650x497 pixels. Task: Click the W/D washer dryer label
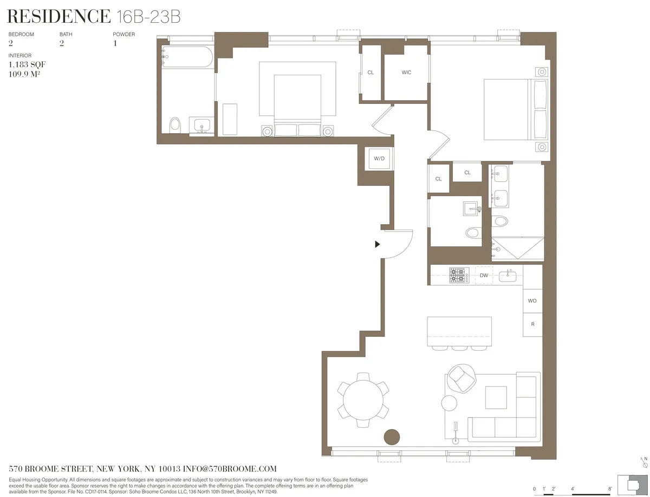379,159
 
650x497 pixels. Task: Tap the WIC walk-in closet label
406,73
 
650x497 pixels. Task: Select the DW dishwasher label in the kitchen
484,276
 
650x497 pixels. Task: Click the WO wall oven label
532,300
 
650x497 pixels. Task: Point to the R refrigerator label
532,325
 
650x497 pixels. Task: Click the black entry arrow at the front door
378,244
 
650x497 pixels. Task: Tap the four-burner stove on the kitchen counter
458,276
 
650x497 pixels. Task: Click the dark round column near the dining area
391,436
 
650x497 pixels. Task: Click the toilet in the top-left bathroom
174,125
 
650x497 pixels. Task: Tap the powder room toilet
473,233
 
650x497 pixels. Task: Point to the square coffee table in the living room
496,397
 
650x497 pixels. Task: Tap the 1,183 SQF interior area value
23,64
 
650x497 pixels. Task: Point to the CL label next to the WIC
370,73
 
